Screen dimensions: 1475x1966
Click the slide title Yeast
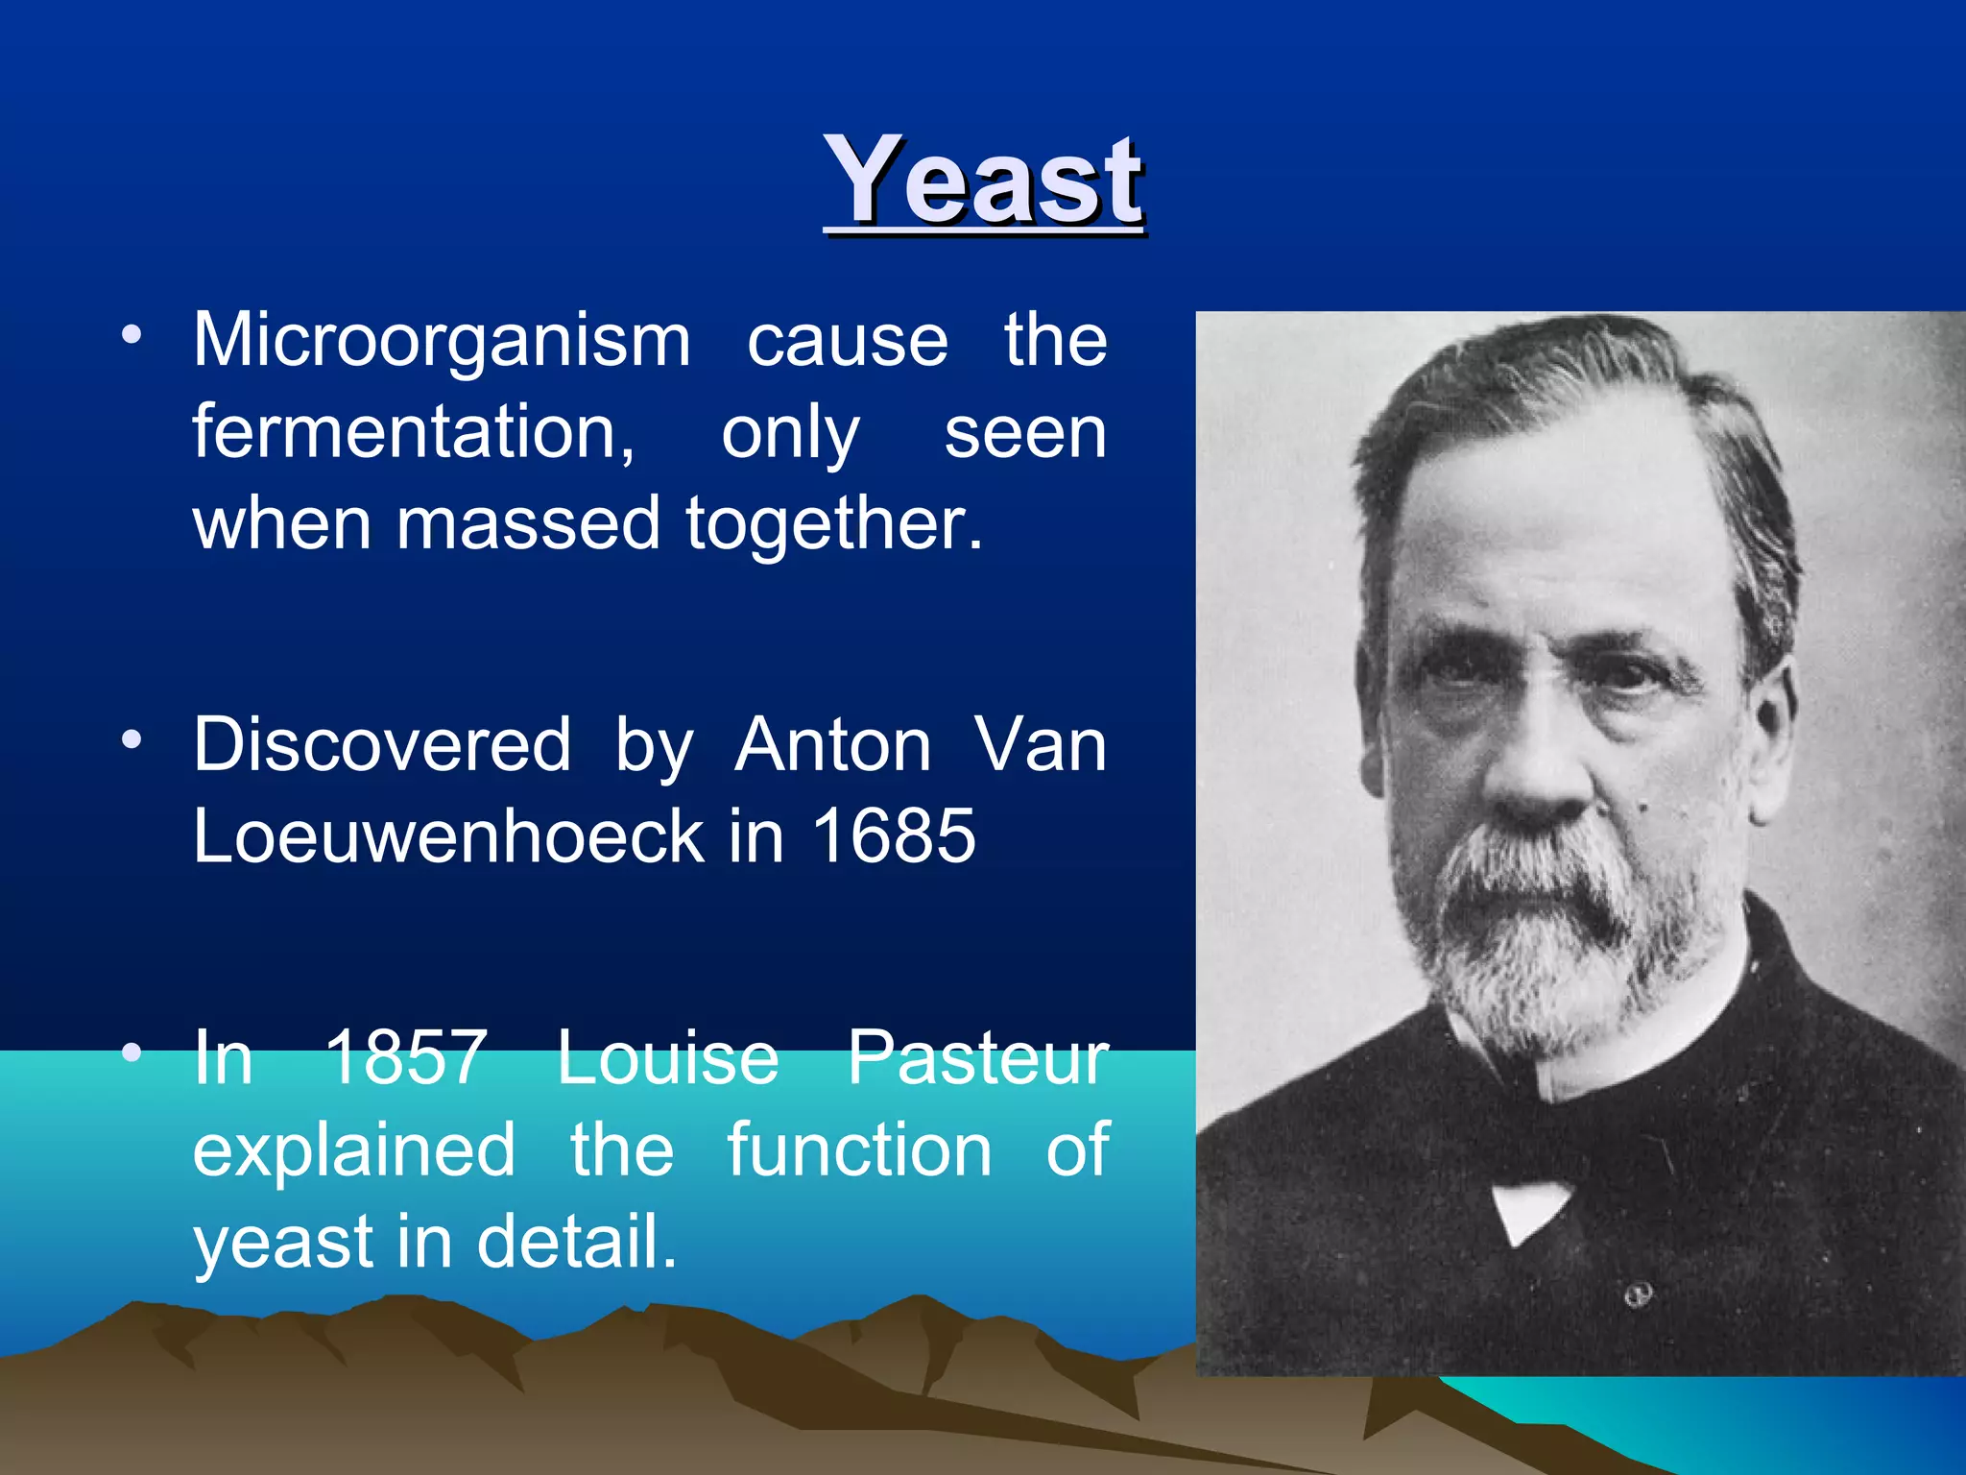click(983, 181)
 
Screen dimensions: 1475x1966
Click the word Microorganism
click(442, 340)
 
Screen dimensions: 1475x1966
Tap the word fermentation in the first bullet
click(413, 432)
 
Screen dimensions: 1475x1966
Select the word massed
click(528, 524)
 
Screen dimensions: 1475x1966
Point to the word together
click(833, 524)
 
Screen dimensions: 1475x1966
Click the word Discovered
click(382, 745)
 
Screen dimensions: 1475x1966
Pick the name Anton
click(833, 745)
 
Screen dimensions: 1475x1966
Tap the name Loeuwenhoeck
click(448, 835)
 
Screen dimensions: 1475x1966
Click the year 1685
click(894, 835)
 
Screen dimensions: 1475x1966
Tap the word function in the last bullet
click(859, 1149)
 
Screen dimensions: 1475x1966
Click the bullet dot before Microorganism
click(132, 335)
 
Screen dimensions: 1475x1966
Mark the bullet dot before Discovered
click(132, 740)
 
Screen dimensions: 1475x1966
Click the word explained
click(354, 1149)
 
